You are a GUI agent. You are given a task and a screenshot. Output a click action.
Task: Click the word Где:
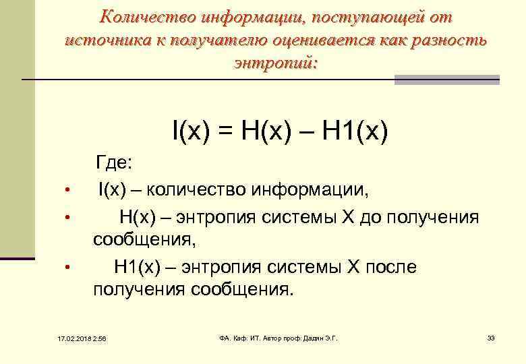[117, 164]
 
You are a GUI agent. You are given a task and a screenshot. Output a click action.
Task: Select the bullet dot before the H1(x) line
[66, 268]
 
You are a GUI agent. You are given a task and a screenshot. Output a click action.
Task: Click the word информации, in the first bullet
[310, 190]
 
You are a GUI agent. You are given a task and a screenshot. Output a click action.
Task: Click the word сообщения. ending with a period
[243, 290]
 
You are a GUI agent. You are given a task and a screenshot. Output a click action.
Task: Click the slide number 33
[491, 337]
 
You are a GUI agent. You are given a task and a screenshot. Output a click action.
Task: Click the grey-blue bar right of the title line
[446, 80]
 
